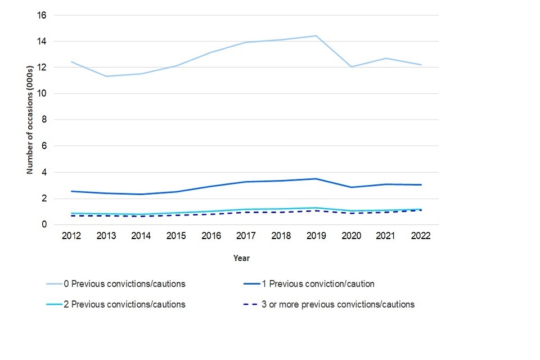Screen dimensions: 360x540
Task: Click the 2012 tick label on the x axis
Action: coord(72,236)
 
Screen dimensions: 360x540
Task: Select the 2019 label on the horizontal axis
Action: coord(316,236)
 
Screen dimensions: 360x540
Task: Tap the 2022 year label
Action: coord(420,236)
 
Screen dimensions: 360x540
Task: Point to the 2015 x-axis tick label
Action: coord(176,236)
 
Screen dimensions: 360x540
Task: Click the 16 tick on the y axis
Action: coord(42,15)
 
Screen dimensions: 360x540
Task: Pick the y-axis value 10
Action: coord(42,94)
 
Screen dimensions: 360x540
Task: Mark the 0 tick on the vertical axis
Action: coord(44,225)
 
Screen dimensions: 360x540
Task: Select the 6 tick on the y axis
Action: coord(44,146)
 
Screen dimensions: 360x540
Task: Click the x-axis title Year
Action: coord(242,259)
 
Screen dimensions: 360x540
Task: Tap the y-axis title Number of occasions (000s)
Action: coord(30,120)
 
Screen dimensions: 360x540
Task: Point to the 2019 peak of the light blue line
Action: coord(316,36)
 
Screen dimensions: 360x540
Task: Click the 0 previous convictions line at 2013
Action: coord(106,76)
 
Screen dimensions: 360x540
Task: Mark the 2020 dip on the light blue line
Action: coord(351,67)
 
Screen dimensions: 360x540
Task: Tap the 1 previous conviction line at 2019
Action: coord(316,179)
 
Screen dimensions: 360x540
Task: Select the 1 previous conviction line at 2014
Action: coord(141,194)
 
